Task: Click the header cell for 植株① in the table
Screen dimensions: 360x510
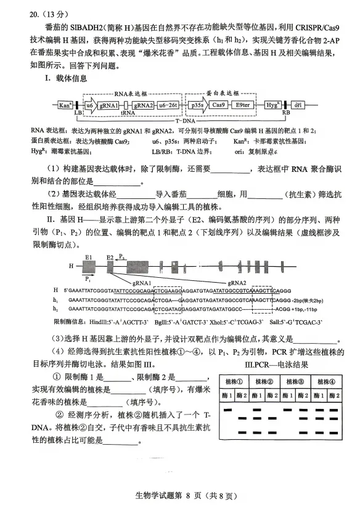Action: pos(237,381)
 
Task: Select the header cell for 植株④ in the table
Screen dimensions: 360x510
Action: pos(325,381)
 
